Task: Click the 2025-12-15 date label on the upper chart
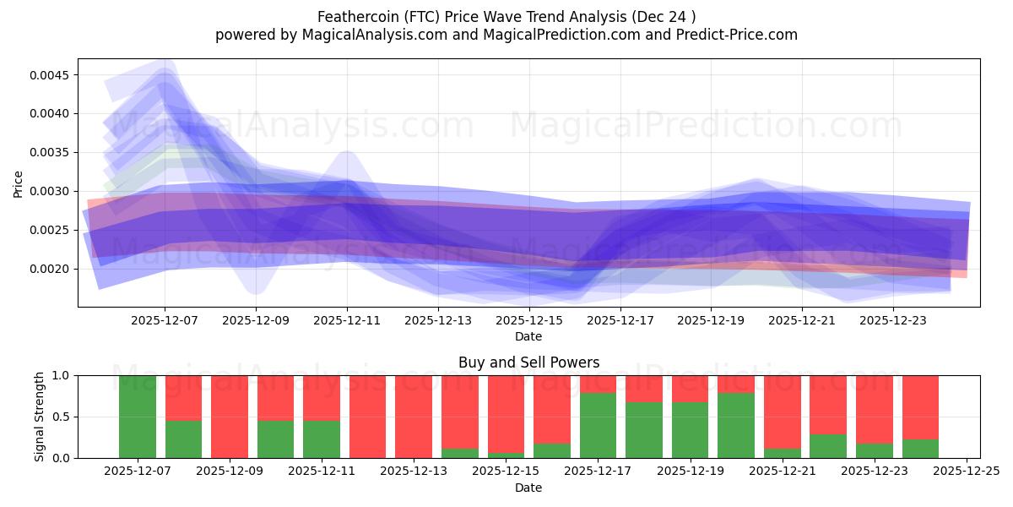(x=528, y=320)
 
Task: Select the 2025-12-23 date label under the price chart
(x=893, y=320)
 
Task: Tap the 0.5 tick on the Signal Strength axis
(x=60, y=417)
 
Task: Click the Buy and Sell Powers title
(x=528, y=363)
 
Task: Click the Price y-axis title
(x=19, y=183)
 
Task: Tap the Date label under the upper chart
(x=528, y=336)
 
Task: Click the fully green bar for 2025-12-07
(x=138, y=417)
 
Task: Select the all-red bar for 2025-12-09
(x=230, y=417)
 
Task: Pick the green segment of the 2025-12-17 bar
(x=598, y=426)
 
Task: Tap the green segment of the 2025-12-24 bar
(x=920, y=449)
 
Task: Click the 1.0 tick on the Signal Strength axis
(x=60, y=375)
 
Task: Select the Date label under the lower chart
(x=528, y=488)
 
